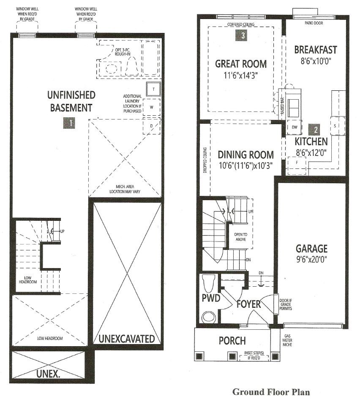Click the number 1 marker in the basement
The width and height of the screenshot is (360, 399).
coord(69,123)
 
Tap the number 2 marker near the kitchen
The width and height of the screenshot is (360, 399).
coord(314,130)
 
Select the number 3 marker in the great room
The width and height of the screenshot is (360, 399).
coord(241,35)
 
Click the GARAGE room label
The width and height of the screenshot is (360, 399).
coord(311,249)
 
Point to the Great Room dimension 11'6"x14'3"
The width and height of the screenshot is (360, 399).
coord(240,76)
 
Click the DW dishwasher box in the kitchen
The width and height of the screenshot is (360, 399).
coord(295,128)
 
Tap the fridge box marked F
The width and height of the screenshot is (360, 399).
coord(297,166)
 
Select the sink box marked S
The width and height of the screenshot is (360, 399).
coord(338,126)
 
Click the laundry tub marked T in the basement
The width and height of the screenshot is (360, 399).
coord(153,89)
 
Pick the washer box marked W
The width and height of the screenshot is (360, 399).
coord(152,107)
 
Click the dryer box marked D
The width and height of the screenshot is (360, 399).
coord(152,126)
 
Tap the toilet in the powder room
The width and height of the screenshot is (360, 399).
coord(209,283)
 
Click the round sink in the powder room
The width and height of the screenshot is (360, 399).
coord(209,317)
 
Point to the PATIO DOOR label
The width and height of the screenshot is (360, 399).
coord(314,23)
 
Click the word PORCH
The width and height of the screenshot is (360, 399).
coord(232,341)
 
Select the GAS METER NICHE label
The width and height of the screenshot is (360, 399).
coord(287,340)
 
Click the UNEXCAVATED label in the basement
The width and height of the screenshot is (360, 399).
coord(126,339)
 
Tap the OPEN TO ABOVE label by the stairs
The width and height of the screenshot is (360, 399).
coord(240,237)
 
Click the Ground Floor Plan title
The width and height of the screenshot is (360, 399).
coord(271,392)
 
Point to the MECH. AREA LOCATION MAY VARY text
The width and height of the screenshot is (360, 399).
coord(125,189)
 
